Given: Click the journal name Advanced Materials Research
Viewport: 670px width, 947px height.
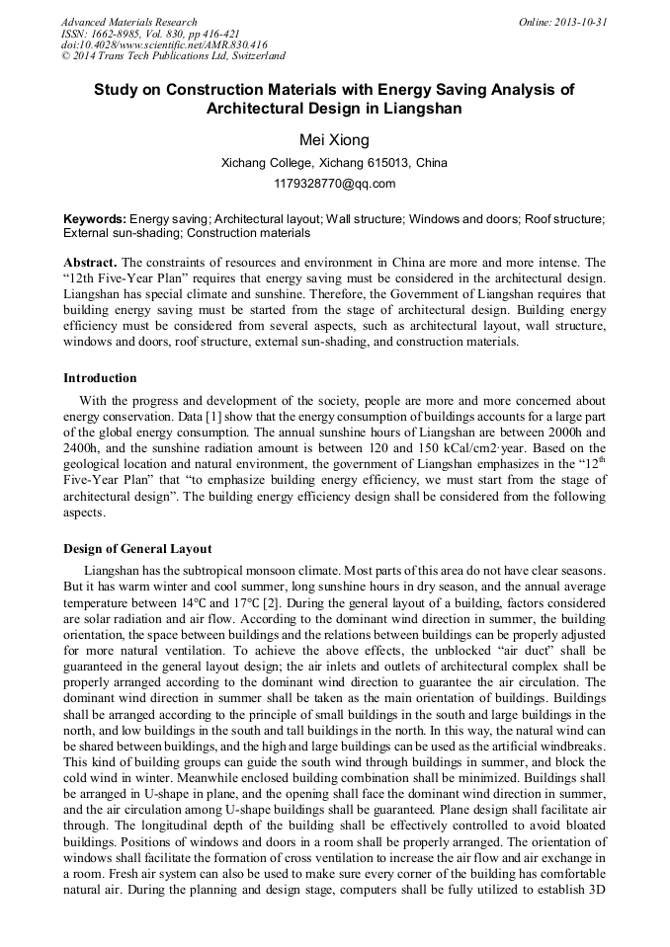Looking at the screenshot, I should (128, 22).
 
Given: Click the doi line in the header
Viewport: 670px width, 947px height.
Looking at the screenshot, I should (164, 45).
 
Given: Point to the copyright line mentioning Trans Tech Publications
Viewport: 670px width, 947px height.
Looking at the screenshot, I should (174, 57).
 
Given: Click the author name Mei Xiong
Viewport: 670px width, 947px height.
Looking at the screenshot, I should (334, 140).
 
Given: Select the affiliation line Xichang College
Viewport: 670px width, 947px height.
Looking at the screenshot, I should (334, 163).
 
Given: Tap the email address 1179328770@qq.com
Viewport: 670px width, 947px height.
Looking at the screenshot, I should (334, 184).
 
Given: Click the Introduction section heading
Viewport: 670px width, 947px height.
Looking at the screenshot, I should (100, 378).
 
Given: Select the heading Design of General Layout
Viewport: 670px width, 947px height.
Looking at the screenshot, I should (137, 549).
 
